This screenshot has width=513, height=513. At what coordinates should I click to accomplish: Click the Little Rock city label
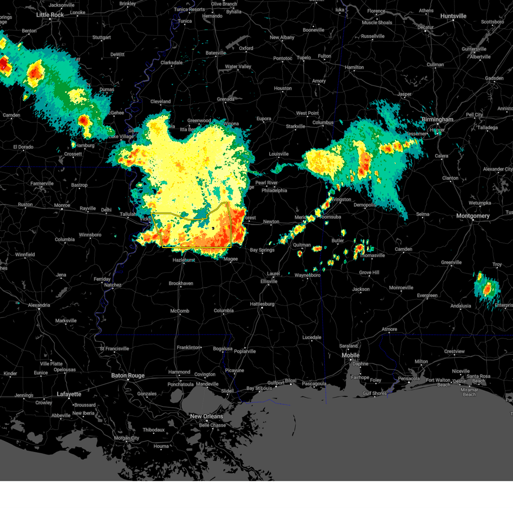click(50, 15)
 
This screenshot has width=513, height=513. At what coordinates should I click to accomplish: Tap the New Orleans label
click(206, 416)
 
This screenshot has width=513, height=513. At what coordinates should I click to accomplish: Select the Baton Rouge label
click(128, 376)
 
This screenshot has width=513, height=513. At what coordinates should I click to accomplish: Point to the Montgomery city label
click(473, 216)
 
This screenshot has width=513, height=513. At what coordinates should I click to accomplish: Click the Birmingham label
click(437, 120)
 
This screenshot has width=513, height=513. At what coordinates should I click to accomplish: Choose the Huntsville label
click(453, 16)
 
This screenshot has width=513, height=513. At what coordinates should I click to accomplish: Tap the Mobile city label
click(351, 356)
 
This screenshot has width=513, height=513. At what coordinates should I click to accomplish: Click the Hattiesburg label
click(262, 304)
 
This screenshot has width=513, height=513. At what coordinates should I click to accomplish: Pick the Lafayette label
click(69, 394)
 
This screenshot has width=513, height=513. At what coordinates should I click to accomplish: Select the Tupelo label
click(304, 58)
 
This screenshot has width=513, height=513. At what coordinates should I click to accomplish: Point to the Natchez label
click(113, 285)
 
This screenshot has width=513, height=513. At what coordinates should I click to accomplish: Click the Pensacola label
click(409, 378)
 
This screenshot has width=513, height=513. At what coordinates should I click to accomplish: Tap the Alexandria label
click(39, 305)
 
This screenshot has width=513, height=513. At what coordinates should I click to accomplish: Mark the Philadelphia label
click(274, 191)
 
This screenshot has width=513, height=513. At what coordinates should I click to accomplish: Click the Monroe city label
click(62, 206)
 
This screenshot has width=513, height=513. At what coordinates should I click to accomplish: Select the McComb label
click(180, 311)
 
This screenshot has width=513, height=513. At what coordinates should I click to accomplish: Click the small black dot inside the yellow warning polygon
click(213, 228)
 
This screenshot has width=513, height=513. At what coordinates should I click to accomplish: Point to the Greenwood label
click(199, 121)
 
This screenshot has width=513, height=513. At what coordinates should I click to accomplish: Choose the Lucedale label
click(312, 338)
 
